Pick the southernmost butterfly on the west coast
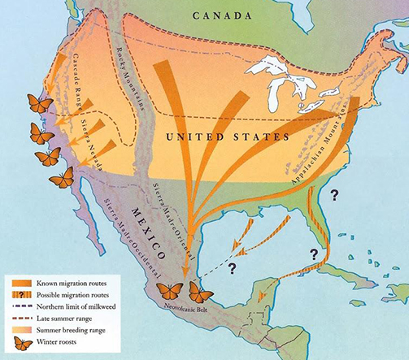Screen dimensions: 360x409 61,176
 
